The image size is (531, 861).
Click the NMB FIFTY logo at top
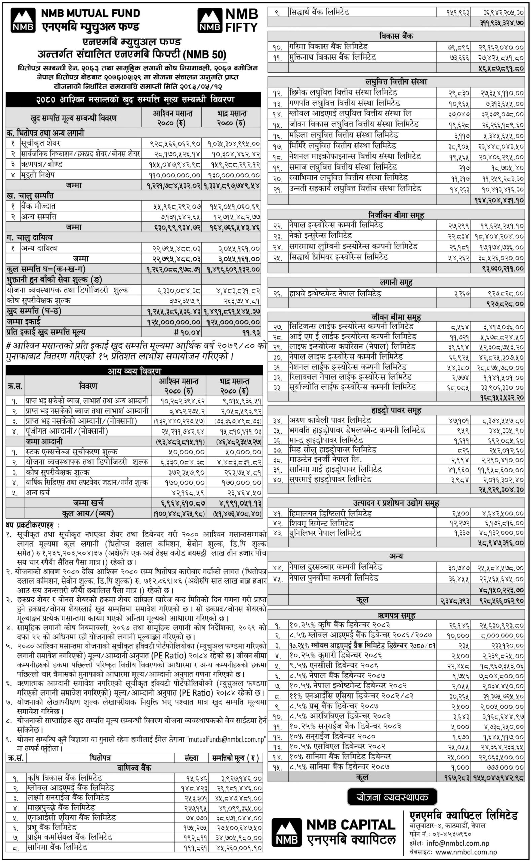[x=228, y=21]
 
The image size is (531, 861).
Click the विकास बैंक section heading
[x=396, y=36]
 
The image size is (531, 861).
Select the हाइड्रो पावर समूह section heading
[x=396, y=410]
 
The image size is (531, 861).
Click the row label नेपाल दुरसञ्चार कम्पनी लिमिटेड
[x=335, y=567]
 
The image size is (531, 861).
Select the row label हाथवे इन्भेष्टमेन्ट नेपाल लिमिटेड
[x=335, y=293]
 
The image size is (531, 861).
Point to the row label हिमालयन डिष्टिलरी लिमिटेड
[x=330, y=513]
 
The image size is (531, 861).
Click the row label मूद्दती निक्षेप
[x=38, y=175]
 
